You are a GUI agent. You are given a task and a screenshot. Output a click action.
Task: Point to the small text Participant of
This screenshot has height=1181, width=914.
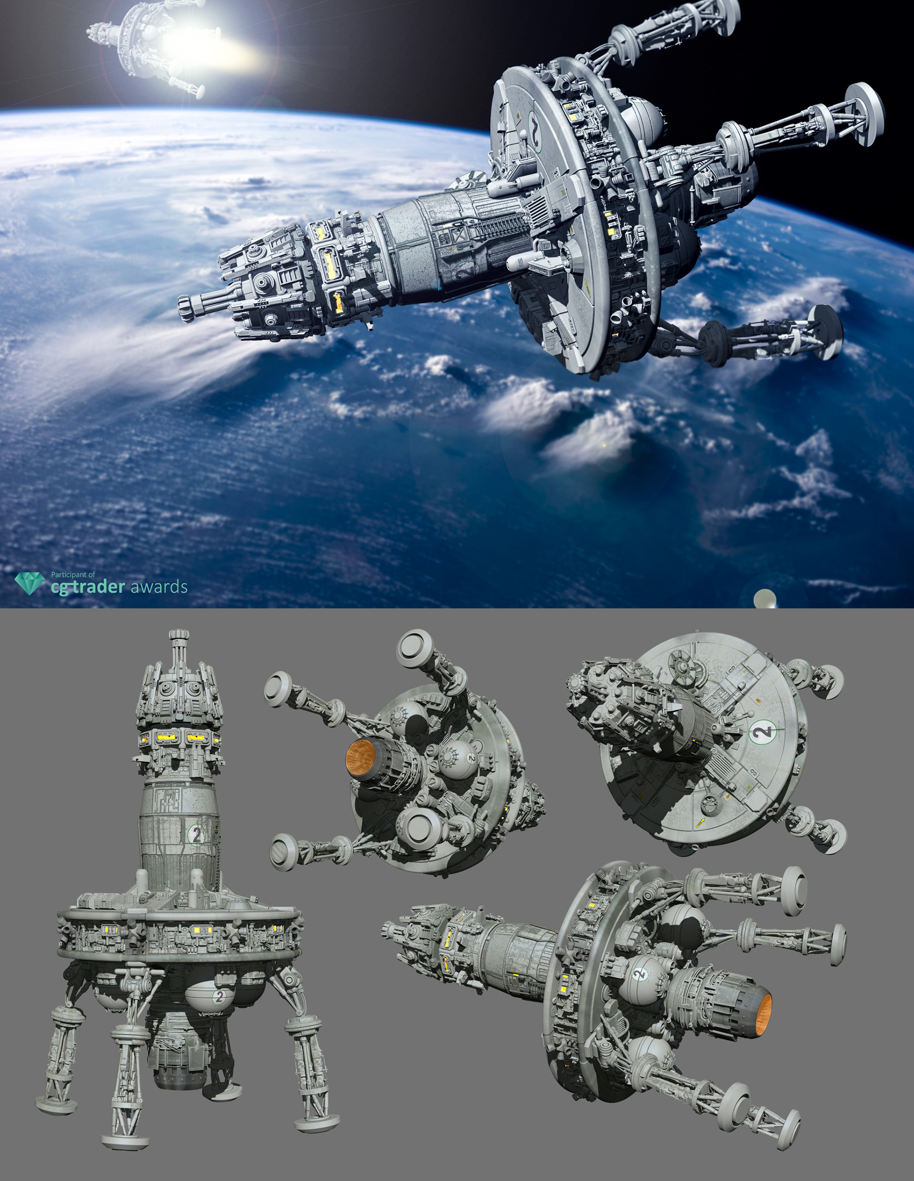tap(73, 575)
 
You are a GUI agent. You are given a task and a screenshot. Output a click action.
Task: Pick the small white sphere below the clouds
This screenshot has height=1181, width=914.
tap(765, 599)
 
